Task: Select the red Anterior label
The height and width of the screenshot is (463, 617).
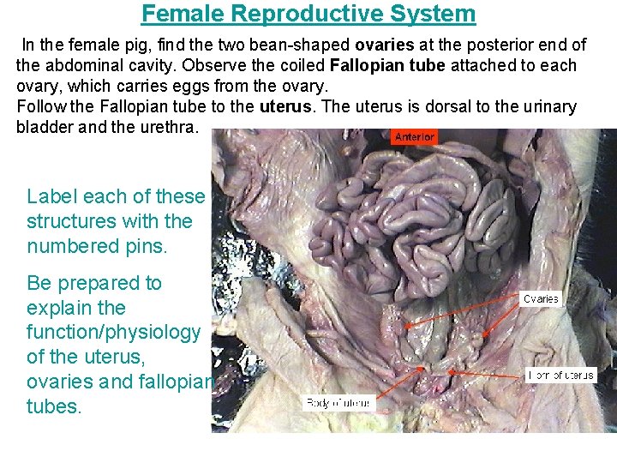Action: coord(415,137)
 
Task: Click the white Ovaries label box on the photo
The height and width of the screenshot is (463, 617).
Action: coord(541,299)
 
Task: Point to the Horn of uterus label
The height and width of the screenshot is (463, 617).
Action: coord(560,376)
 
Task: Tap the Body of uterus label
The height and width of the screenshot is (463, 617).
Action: coord(338,403)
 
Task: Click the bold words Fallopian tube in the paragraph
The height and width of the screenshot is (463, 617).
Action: coord(395,65)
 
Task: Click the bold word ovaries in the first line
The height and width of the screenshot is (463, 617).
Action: coord(386,45)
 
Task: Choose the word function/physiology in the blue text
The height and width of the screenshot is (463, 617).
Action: coord(114,332)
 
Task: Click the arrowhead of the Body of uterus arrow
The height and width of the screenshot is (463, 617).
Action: coord(422,369)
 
